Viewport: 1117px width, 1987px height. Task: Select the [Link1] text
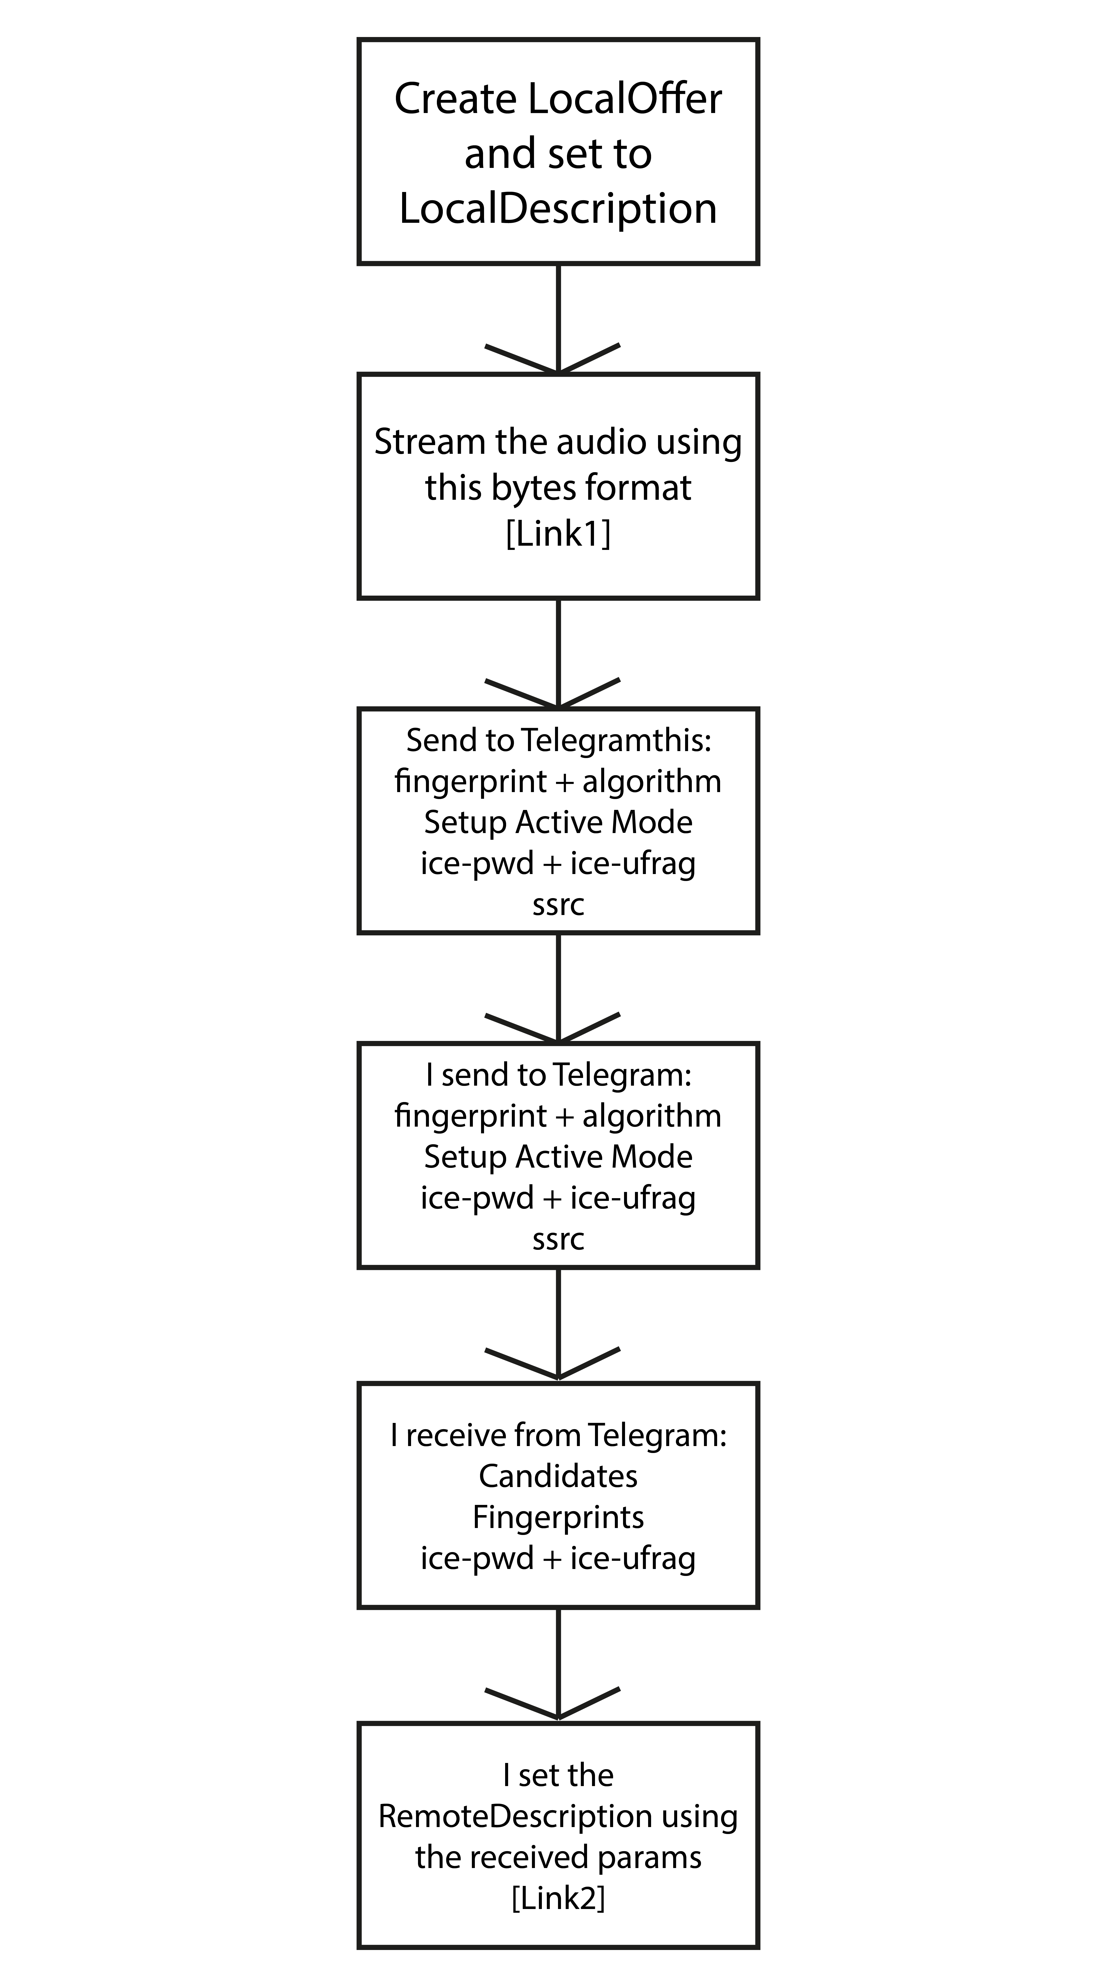coord(558,534)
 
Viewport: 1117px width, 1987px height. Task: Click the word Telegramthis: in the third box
coord(617,740)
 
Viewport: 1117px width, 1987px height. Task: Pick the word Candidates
coord(558,1476)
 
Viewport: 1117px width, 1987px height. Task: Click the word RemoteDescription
coord(515,1817)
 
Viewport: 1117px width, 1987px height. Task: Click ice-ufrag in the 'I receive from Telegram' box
coord(633,1558)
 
